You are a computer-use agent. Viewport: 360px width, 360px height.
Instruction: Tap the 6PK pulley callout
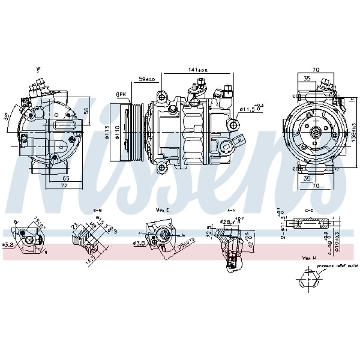[x=121, y=94]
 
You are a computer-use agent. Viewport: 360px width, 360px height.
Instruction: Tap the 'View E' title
[x=163, y=210]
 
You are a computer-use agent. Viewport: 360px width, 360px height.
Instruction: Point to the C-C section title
[x=310, y=210]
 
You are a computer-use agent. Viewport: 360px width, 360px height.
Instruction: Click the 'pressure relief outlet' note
[x=337, y=266]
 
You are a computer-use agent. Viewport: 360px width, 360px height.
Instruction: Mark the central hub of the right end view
[x=315, y=132]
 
